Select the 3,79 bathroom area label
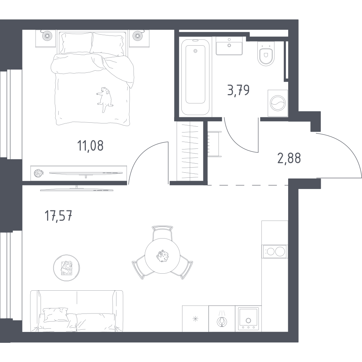coord(238,89)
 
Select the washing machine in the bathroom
coord(277,103)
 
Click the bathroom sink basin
coord(230,46)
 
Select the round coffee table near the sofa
coord(66,268)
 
